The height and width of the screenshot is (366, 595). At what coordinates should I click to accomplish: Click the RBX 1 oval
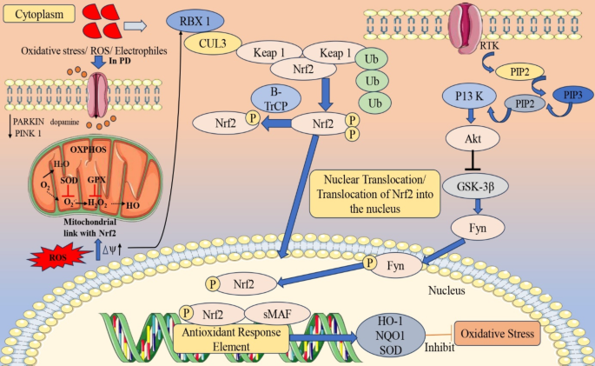click(195, 21)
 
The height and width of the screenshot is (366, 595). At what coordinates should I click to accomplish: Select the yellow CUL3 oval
click(213, 43)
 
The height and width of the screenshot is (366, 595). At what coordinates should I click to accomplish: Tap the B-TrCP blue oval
click(276, 99)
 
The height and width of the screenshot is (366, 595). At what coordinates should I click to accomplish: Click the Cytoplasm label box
click(39, 15)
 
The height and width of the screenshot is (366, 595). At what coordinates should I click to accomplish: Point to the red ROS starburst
click(57, 257)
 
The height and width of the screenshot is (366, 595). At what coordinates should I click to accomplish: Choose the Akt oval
click(473, 138)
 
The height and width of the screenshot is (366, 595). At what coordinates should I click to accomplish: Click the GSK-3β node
click(475, 186)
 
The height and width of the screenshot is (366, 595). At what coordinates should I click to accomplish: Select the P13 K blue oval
click(469, 96)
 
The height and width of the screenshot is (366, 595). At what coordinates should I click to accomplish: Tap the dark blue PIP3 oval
click(572, 95)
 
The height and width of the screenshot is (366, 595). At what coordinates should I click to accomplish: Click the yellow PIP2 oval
click(519, 72)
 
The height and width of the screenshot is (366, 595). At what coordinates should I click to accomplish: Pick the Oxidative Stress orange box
click(498, 334)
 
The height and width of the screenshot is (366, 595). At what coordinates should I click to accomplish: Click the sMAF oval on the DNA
click(277, 314)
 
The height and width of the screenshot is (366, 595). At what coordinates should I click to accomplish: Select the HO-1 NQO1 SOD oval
click(391, 336)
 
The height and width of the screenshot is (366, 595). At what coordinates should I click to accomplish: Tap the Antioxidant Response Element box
click(231, 339)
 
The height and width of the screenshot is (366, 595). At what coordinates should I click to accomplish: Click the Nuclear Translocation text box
click(375, 194)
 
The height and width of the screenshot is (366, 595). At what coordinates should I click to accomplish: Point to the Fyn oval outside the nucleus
click(478, 228)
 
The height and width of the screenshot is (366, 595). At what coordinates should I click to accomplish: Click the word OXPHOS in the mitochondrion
click(88, 150)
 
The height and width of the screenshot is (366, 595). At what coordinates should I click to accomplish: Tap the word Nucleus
click(446, 290)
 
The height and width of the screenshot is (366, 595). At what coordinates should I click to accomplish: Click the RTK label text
click(490, 46)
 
